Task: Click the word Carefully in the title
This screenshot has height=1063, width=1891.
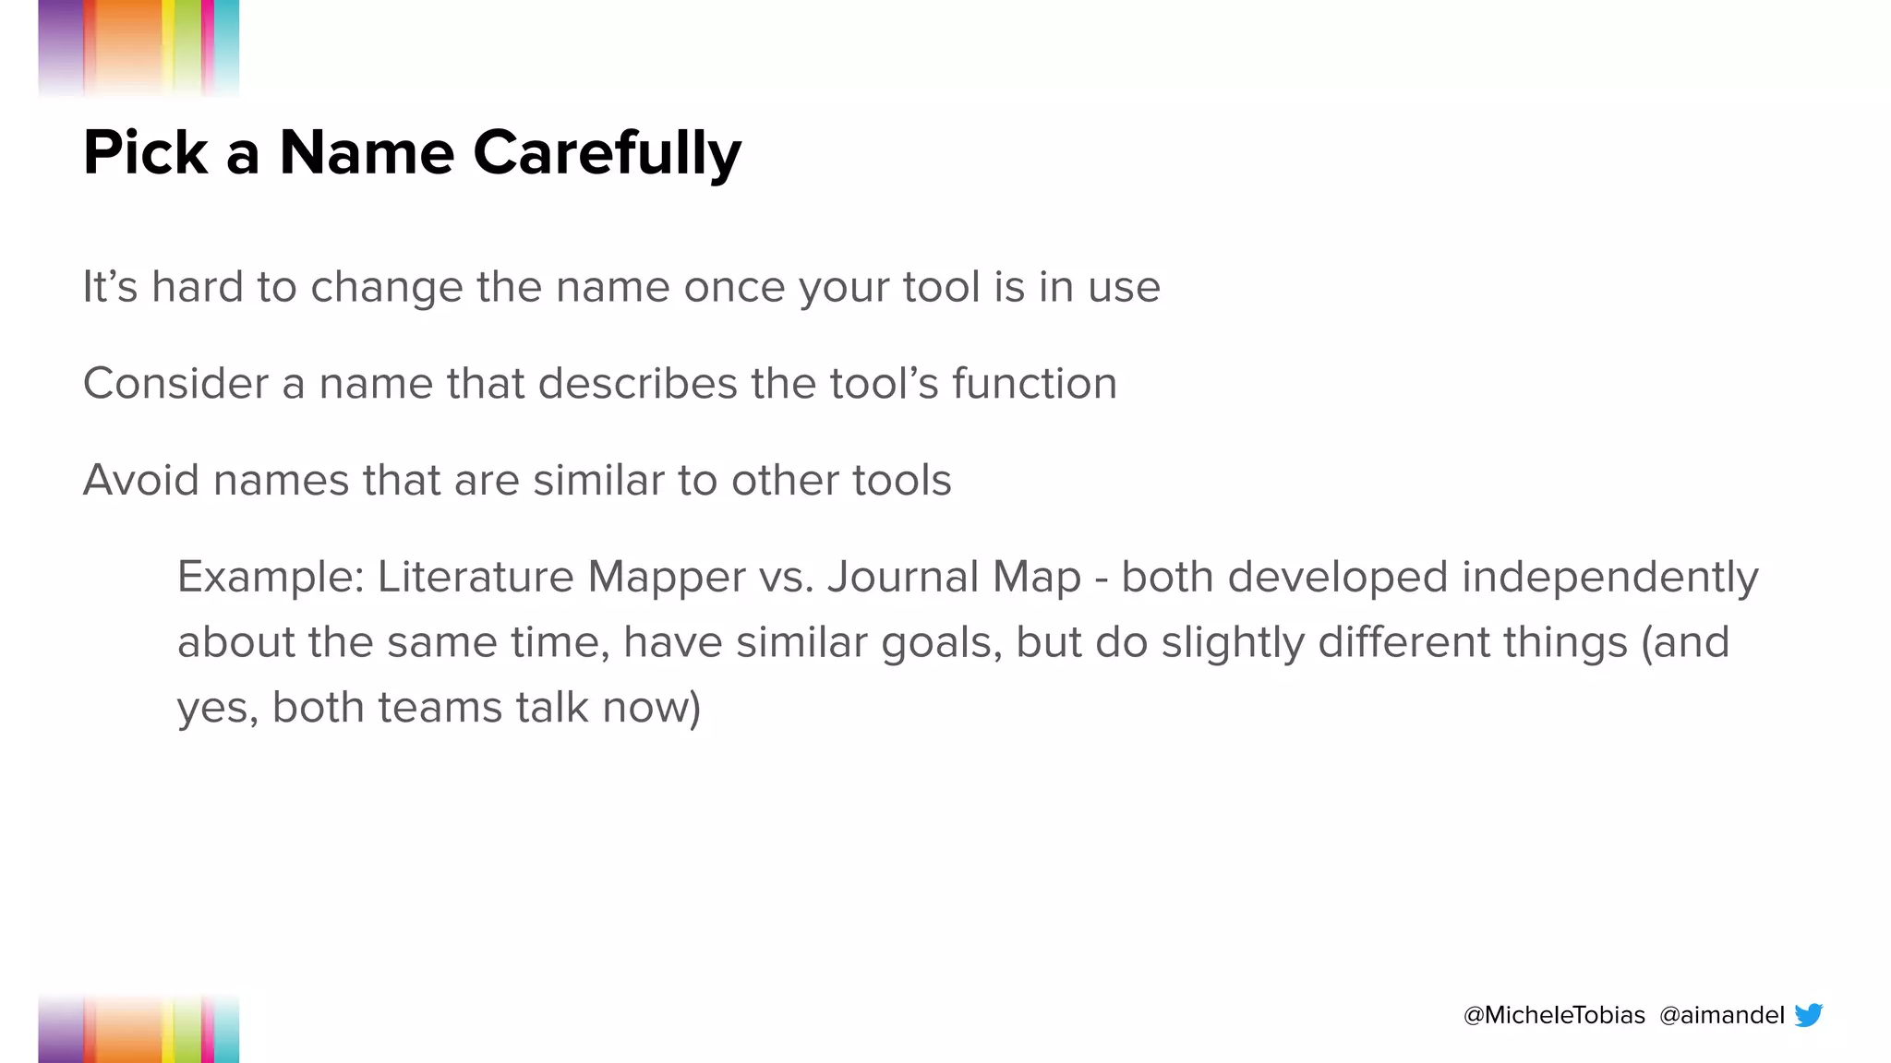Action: tap(607, 152)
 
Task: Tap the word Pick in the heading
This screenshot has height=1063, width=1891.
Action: tap(145, 152)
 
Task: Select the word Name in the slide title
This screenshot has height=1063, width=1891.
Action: tap(367, 152)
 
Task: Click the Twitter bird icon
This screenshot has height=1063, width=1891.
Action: tap(1808, 1015)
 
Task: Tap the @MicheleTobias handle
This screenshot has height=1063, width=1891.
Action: tap(1554, 1015)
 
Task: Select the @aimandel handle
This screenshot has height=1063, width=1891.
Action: tap(1721, 1015)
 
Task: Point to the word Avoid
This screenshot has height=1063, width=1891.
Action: tap(140, 480)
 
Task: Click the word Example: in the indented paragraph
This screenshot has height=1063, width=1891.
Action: tap(270, 578)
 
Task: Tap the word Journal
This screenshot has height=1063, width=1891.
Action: tap(902, 578)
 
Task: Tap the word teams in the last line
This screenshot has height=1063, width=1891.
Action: tap(439, 708)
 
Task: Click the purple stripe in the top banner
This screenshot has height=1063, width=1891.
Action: tap(61, 42)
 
